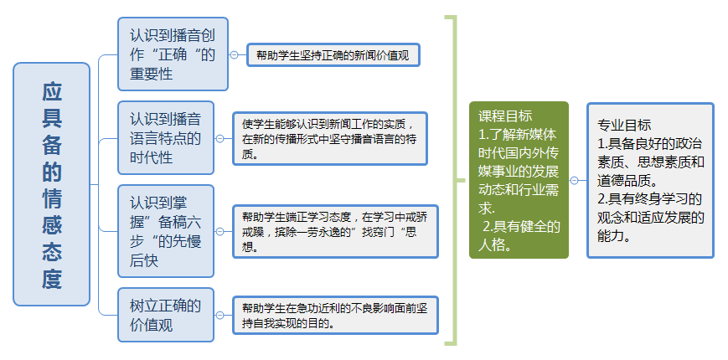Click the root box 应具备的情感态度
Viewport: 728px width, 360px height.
[x=52, y=184]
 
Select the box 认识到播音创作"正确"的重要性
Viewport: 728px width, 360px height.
[x=173, y=54]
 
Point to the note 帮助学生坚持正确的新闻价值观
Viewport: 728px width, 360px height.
[x=333, y=55]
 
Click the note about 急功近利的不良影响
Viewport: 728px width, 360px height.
[x=333, y=315]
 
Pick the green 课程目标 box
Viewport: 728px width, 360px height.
[x=519, y=180]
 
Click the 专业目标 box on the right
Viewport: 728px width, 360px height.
[x=650, y=180]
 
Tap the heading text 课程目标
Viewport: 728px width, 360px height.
[x=505, y=116]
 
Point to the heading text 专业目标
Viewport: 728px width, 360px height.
[x=624, y=125]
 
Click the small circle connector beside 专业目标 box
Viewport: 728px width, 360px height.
[x=574, y=180]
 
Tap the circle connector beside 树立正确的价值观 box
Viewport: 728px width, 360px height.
[x=219, y=315]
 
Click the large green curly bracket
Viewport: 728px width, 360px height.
[x=454, y=180]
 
